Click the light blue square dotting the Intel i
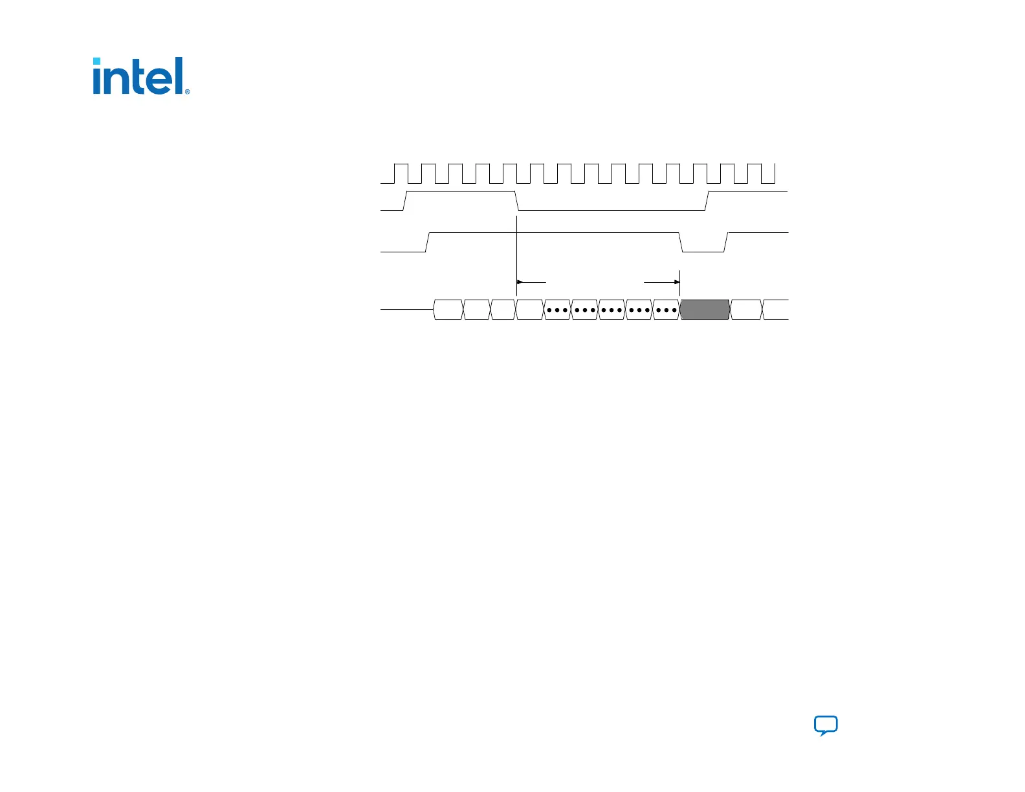[96, 61]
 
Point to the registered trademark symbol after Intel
[188, 92]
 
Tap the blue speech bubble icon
[826, 725]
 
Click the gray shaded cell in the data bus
[705, 310]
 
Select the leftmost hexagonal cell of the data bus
[448, 310]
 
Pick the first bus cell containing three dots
[557, 310]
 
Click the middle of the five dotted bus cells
[612, 310]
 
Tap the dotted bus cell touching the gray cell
[666, 310]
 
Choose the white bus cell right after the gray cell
[746, 310]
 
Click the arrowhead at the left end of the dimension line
[520, 282]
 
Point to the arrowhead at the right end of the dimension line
[677, 282]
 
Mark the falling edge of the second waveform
[517, 201]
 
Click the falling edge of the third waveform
[681, 242]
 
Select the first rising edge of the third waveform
[428, 242]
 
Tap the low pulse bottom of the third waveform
[703, 251]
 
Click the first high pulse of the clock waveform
[401, 165]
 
